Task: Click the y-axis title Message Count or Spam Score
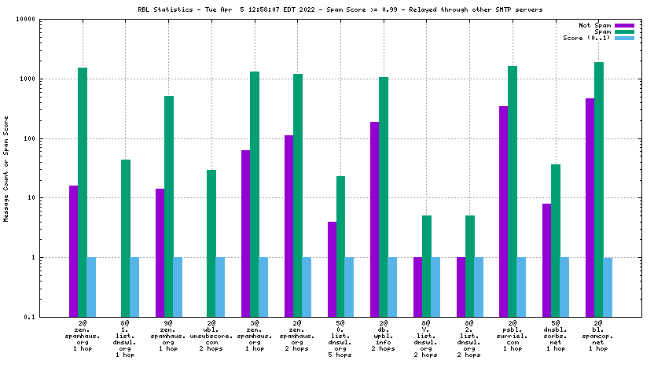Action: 7,168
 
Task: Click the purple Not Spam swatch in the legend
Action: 624,26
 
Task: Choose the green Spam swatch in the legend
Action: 624,32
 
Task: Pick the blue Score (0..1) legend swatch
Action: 624,39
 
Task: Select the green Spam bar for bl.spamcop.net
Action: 599,189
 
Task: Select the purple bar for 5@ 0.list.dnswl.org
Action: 332,269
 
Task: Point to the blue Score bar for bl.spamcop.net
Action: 608,286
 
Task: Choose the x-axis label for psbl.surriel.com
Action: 513,335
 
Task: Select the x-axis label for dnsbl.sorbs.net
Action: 556,335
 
